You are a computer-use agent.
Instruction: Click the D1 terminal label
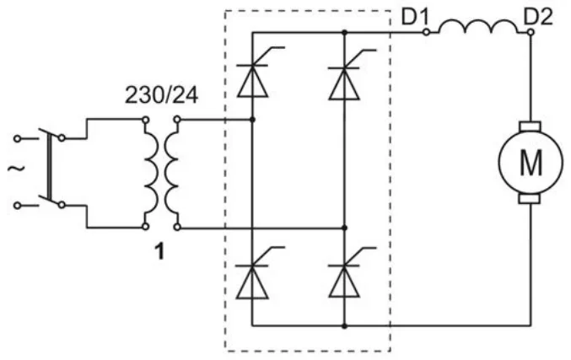[415, 17]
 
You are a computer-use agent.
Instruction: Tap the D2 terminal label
[538, 17]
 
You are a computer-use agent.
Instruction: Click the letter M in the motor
[531, 163]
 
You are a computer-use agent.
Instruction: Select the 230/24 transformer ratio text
[161, 95]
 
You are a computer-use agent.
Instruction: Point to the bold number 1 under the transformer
[159, 251]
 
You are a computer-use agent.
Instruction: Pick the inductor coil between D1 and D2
[478, 27]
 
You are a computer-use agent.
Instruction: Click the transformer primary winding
[152, 173]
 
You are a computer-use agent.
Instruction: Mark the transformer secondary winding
[172, 173]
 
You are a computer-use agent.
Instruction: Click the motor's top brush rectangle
[531, 126]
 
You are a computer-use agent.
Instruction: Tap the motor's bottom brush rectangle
[529, 199]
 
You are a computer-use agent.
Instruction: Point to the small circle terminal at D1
[426, 32]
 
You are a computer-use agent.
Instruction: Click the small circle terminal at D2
[531, 32]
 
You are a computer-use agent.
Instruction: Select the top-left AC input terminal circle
[17, 138]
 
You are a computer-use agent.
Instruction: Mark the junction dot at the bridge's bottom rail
[344, 326]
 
